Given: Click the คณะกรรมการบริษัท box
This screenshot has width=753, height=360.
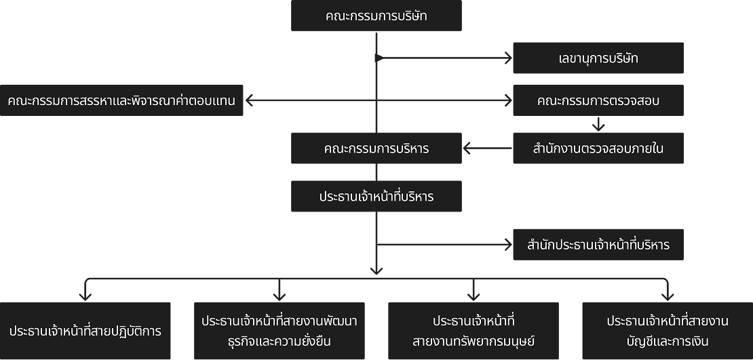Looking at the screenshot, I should [376, 16].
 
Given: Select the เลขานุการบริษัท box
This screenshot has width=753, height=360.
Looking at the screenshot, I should [598, 58].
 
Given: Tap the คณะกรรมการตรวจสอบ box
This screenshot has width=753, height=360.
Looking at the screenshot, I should [598, 101].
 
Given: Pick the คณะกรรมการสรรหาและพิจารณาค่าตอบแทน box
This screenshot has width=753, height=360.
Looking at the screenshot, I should [121, 101].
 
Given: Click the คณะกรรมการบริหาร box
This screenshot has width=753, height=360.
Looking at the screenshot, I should [376, 148].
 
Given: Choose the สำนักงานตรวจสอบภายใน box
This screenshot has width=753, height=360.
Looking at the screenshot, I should [598, 148].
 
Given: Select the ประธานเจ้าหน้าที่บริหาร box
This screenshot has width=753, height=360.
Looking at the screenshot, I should [376, 197].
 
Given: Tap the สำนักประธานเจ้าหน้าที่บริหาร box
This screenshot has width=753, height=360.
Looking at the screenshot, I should [598, 245].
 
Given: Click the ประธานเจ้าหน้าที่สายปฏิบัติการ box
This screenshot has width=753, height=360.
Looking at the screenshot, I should [85, 331].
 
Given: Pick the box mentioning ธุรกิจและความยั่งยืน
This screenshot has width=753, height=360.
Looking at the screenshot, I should [279, 331].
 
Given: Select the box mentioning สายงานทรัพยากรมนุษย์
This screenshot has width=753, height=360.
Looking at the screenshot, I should [474, 331].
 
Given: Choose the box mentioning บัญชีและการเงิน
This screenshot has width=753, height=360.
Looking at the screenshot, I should [668, 331].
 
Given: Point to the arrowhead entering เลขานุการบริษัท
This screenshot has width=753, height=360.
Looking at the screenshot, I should [508, 58].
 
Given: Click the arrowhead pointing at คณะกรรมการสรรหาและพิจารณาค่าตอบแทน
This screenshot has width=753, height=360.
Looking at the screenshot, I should [249, 101].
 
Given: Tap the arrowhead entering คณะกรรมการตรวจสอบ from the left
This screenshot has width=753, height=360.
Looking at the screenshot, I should [508, 101].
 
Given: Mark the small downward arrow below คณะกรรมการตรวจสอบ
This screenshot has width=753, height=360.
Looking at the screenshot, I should [598, 126].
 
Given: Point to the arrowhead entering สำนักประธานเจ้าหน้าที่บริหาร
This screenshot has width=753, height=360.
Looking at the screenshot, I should [508, 245].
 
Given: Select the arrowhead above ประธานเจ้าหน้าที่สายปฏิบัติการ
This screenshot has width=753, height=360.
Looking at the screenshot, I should [85, 296].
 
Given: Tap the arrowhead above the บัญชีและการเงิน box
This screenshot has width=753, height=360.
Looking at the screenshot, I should [668, 296].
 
